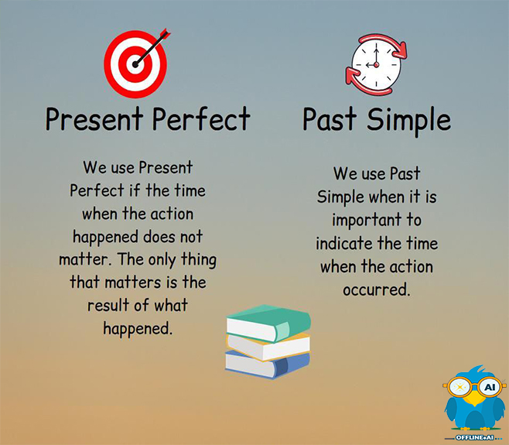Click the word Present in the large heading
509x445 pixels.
(x=94, y=119)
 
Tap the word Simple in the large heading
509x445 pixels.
(x=409, y=121)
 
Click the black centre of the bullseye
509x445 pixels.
(x=135, y=65)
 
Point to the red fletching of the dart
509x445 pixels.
(x=165, y=34)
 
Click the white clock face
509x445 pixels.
(x=376, y=64)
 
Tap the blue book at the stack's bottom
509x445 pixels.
(x=267, y=365)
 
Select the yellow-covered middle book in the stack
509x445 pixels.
(x=268, y=346)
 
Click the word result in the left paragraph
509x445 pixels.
(x=108, y=306)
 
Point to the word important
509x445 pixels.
(x=367, y=221)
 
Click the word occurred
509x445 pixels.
(x=377, y=289)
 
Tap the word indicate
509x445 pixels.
(x=344, y=243)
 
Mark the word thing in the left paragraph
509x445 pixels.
(x=199, y=261)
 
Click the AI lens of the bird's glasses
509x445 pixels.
(x=490, y=387)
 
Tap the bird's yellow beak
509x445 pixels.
(x=475, y=399)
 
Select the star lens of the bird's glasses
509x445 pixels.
(x=459, y=387)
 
